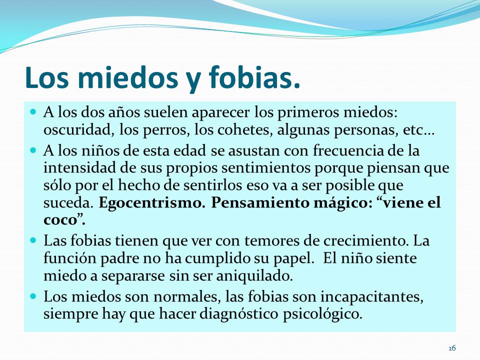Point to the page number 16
[452, 348]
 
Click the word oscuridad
[77, 130]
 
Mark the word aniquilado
[254, 276]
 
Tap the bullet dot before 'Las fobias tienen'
[33, 240]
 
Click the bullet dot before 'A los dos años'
[33, 111]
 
